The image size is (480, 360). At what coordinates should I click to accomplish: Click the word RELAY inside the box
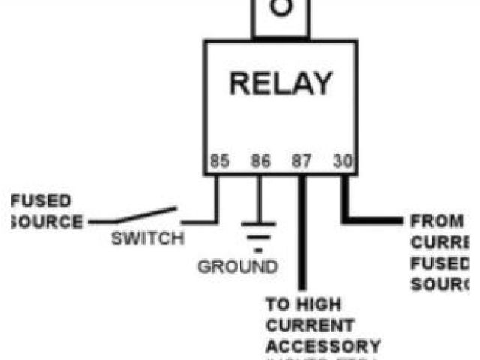tap(280, 82)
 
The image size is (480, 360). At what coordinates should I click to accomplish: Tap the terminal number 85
tap(219, 161)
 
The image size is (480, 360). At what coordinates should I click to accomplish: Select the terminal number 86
tap(260, 161)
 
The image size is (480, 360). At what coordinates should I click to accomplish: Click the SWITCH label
tap(147, 239)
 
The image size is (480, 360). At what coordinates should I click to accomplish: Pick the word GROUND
tap(238, 266)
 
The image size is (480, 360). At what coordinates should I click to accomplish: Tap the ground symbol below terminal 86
tap(259, 229)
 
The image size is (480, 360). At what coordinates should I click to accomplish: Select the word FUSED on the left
tap(42, 201)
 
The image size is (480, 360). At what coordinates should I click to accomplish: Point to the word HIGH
tap(321, 305)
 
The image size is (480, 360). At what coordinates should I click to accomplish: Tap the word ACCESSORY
tap(323, 346)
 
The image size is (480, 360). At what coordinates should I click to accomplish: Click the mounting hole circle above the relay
tap(280, 7)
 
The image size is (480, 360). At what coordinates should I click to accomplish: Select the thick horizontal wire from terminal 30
tap(375, 220)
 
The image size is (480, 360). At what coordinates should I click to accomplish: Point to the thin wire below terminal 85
tap(217, 201)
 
